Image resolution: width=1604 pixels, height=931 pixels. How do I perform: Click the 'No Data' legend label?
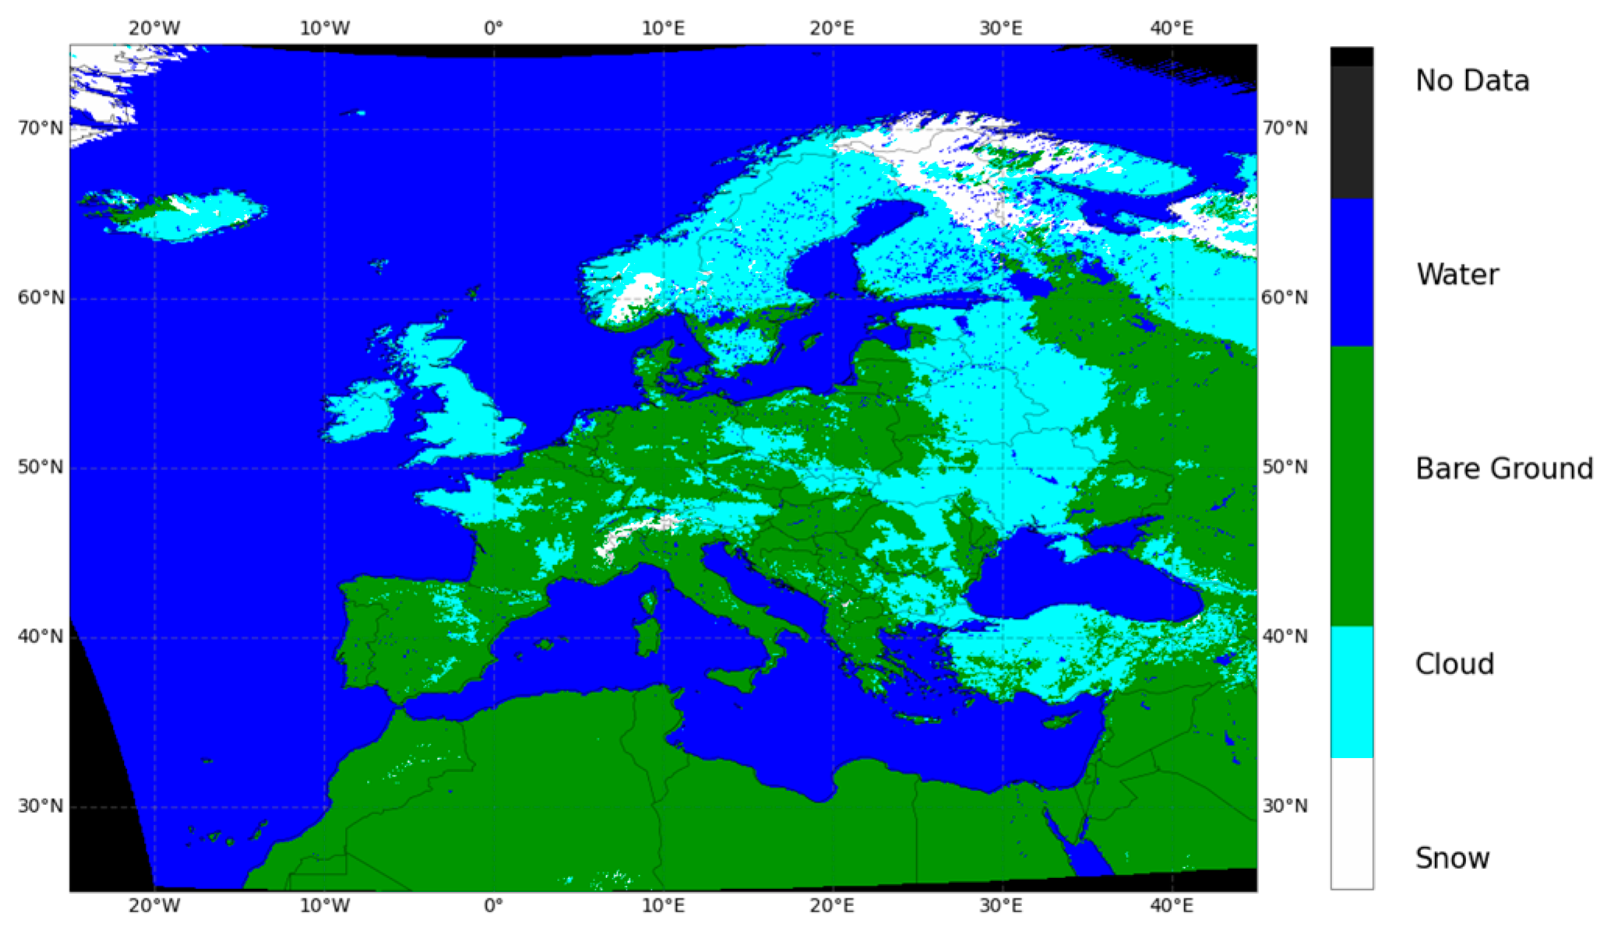(1472, 80)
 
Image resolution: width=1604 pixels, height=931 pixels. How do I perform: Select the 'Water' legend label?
(1457, 274)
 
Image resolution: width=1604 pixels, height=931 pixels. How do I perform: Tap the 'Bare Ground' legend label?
(1504, 469)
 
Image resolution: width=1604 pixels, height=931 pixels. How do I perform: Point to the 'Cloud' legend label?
(1454, 664)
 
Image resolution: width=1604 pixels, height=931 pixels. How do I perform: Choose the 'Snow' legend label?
(1452, 858)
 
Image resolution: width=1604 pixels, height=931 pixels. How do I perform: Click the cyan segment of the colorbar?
(1352, 691)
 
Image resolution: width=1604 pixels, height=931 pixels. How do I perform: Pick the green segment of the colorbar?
(1352, 486)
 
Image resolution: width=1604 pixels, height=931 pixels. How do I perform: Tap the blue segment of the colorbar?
(1352, 272)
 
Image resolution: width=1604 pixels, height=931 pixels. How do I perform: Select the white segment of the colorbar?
(1352, 822)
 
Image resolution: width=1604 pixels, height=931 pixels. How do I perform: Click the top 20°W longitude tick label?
(154, 29)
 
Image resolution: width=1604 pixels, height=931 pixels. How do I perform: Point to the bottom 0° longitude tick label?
(493, 906)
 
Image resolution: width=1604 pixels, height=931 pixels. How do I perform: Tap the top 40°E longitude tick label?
(1172, 29)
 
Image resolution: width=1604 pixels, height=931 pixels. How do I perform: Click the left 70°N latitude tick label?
(40, 128)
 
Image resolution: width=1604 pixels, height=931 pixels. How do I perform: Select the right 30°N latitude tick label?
(1285, 806)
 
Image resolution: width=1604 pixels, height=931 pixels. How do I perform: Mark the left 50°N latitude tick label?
(40, 467)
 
